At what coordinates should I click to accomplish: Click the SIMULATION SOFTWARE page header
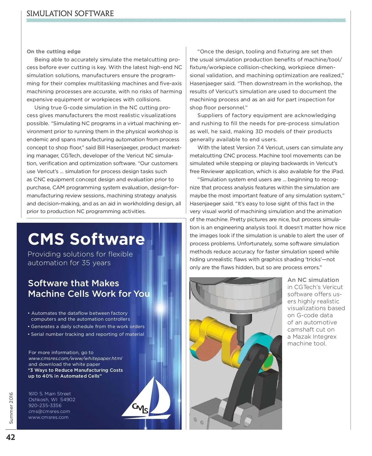pos(70,14)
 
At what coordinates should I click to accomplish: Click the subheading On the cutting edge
pos(54,51)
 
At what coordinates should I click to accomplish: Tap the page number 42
pos(11,437)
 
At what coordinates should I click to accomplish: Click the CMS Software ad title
pos(86,239)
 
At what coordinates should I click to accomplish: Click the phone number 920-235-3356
pos(45,406)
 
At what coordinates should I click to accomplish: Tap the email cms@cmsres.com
pos(49,411)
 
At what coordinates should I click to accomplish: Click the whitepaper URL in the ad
pos(75,358)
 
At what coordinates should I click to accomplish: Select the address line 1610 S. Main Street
pos(50,394)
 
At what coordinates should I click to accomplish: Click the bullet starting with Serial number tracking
pos(87,334)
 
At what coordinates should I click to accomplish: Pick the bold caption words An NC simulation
pos(313,280)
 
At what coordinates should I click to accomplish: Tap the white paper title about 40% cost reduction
pos(75,373)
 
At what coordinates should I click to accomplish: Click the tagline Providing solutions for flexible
pos(80,254)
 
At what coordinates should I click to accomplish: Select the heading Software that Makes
pos(73,283)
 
